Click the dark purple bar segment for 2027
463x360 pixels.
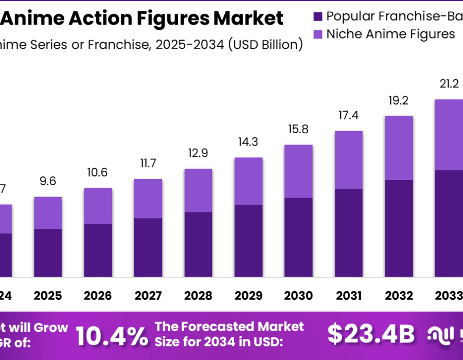click(148, 247)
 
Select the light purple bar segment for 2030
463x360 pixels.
click(298, 171)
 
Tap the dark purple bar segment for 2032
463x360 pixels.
click(399, 228)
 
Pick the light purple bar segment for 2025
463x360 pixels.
click(48, 212)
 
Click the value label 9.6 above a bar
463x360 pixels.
click(48, 181)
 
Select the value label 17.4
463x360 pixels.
click(349, 116)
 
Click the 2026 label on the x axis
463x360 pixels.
click(98, 296)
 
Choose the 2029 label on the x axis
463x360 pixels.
click(248, 296)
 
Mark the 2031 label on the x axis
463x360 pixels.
click(349, 296)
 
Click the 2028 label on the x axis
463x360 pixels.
click(198, 296)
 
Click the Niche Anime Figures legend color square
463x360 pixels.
click(318, 34)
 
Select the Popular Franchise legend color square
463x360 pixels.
click(318, 16)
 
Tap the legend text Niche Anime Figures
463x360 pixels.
click(391, 34)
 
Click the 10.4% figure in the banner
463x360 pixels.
click(111, 336)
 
